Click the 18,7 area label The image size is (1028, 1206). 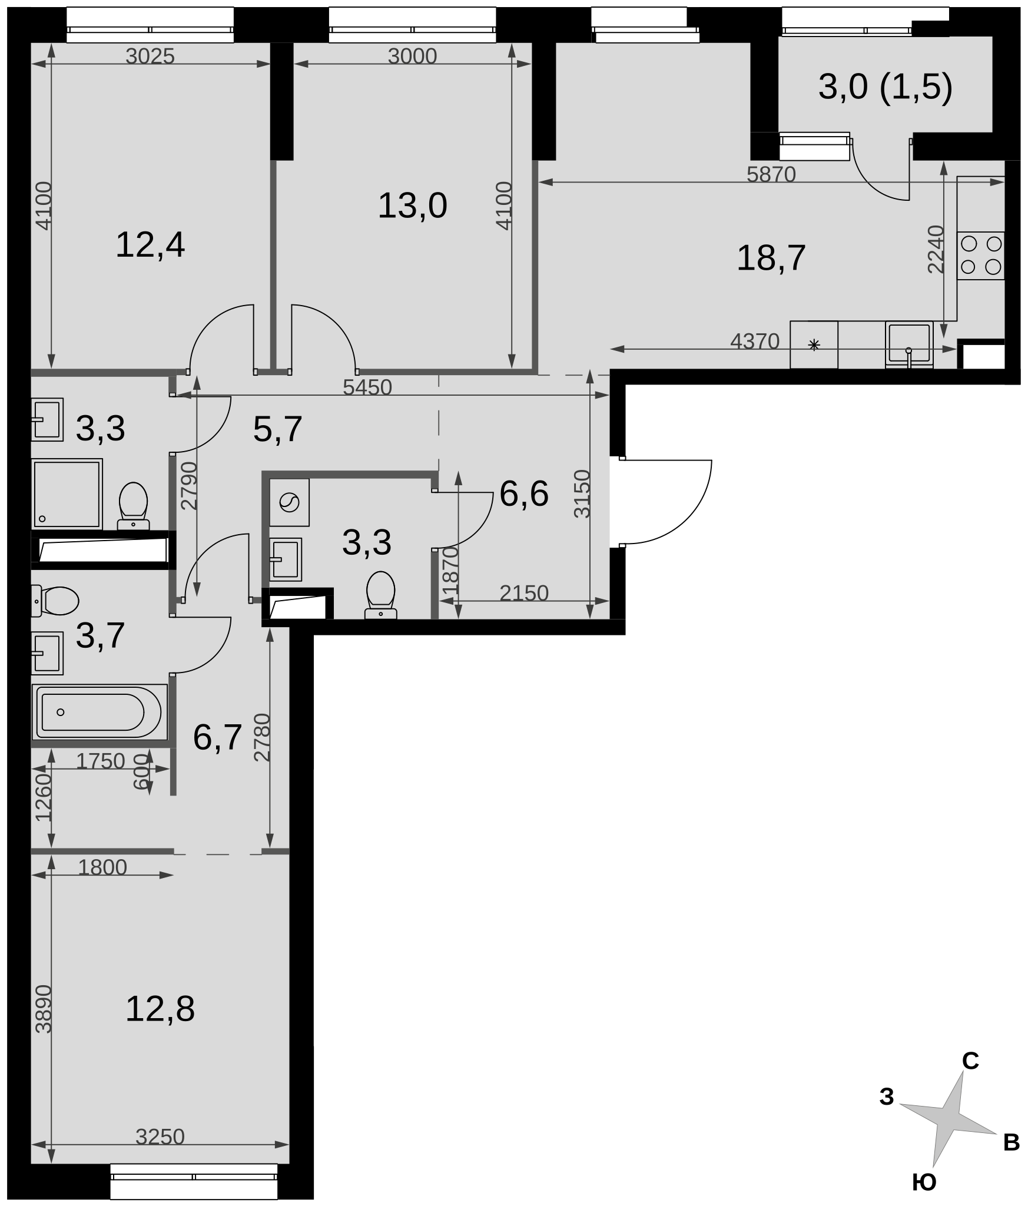771,258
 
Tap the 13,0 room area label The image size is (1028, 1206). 412,206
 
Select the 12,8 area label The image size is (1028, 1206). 160,1009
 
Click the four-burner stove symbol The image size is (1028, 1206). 980,256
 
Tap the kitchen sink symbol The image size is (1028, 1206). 909,344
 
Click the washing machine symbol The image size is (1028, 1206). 290,502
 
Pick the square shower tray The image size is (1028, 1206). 67,493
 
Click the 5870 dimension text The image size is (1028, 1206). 771,174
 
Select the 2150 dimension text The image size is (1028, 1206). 524,593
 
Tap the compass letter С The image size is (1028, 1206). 970,1061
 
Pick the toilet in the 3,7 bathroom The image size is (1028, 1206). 54,601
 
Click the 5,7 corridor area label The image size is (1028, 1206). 277,429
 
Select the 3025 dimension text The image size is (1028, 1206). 150,56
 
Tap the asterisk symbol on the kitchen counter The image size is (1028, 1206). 814,345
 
